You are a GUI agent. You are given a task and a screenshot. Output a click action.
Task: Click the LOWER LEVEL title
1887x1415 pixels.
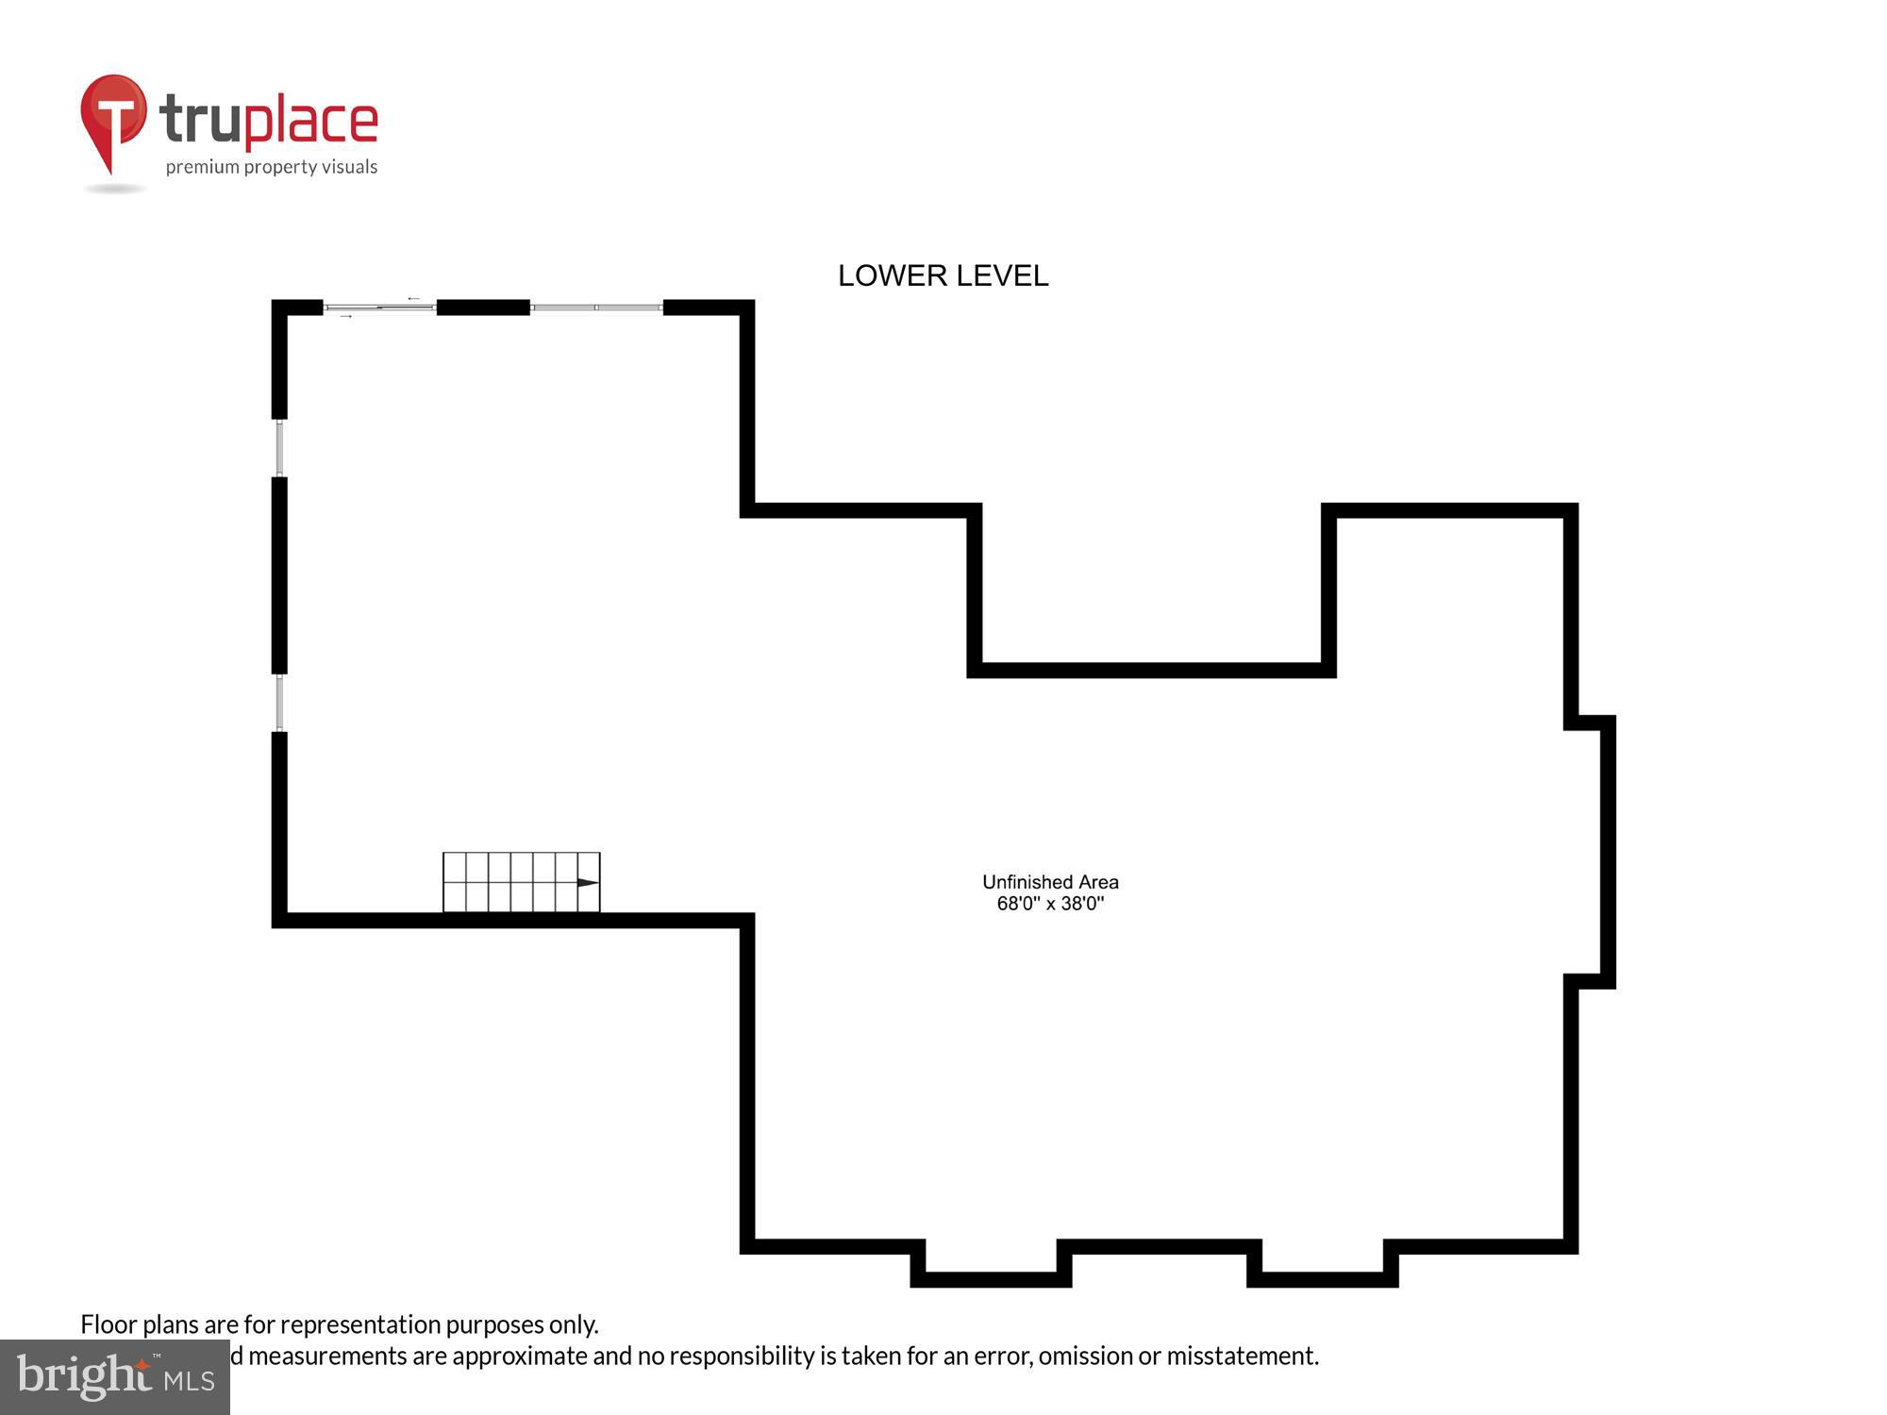943,275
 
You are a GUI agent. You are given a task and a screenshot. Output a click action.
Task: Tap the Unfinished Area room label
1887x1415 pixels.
1050,882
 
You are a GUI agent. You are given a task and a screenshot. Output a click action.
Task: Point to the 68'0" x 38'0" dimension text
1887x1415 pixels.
1050,904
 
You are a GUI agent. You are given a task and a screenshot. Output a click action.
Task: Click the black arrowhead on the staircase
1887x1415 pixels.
587,883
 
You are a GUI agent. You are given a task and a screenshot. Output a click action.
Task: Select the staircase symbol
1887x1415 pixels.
521,883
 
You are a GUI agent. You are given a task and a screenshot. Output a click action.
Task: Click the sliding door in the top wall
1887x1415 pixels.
379,308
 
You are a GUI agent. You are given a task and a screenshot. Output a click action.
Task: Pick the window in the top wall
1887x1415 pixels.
596,308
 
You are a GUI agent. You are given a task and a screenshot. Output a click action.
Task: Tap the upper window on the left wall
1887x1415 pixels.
279,448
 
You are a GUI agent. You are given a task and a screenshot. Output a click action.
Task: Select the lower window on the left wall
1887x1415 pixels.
279,703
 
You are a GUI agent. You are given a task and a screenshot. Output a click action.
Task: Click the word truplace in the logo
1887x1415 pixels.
269,121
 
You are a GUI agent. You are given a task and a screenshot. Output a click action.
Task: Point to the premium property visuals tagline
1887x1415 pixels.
272,167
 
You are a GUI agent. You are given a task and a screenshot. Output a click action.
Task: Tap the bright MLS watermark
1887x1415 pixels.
115,1377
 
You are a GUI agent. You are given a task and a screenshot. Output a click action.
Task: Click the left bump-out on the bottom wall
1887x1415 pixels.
991,1269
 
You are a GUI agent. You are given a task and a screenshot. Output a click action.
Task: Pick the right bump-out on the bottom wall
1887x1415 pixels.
1323,1269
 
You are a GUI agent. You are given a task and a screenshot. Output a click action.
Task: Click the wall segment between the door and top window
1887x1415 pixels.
483,308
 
